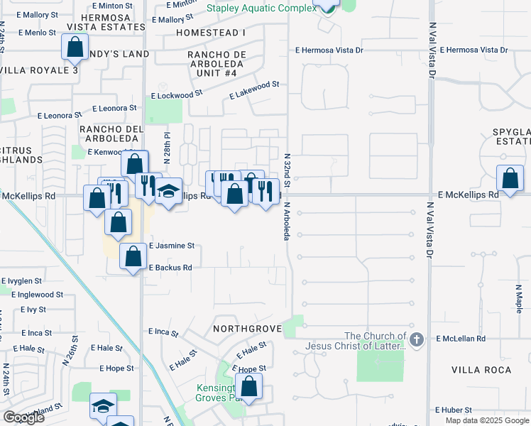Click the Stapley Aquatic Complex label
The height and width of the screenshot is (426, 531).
pyautogui.click(x=261, y=8)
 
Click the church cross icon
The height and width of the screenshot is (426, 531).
pyautogui.click(x=417, y=339)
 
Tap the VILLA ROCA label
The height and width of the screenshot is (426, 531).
pyautogui.click(x=481, y=371)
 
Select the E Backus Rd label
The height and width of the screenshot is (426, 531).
pyautogui.click(x=170, y=268)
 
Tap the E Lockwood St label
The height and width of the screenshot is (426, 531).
pyautogui.click(x=177, y=94)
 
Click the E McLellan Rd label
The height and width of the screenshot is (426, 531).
pyautogui.click(x=462, y=339)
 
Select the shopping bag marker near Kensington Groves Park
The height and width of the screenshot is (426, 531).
pyautogui.click(x=248, y=388)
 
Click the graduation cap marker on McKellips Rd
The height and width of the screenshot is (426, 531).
pyautogui.click(x=169, y=191)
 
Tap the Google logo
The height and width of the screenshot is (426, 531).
pyautogui.click(x=23, y=417)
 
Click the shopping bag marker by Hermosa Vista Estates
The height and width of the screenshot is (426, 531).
pyautogui.click(x=75, y=49)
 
